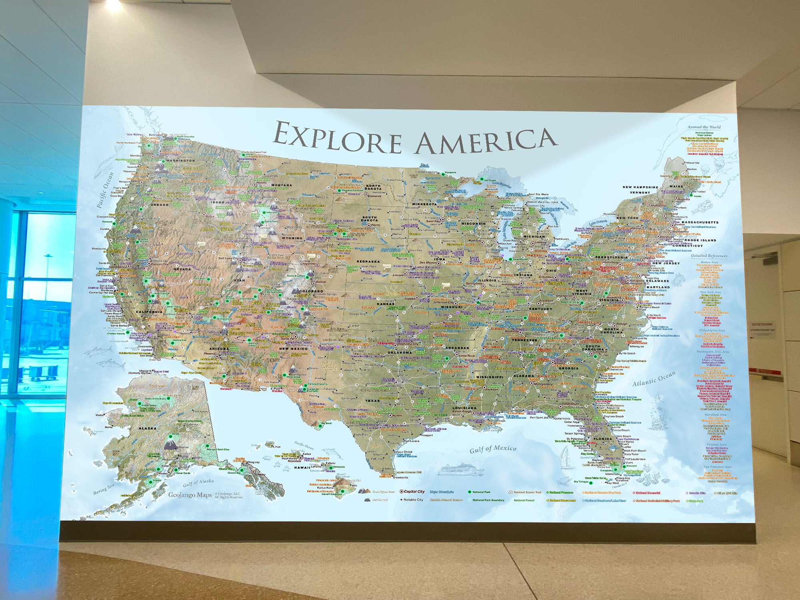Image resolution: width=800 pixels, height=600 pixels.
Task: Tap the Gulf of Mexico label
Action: click(493, 449)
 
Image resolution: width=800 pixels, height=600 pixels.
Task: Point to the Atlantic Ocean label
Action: click(654, 378)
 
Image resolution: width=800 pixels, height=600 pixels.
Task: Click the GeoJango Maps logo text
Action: click(190, 495)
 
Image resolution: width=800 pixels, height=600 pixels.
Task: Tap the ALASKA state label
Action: click(147, 428)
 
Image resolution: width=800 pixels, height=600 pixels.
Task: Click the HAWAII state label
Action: click(302, 467)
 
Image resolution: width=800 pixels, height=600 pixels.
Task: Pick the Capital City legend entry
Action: click(414, 492)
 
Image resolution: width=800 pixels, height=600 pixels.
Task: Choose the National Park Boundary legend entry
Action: click(488, 500)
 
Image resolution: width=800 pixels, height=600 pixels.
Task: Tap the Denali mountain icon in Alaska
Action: click(171, 444)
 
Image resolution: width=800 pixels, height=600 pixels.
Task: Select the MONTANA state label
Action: click(282, 185)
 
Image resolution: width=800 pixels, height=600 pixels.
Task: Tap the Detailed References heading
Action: click(709, 256)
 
